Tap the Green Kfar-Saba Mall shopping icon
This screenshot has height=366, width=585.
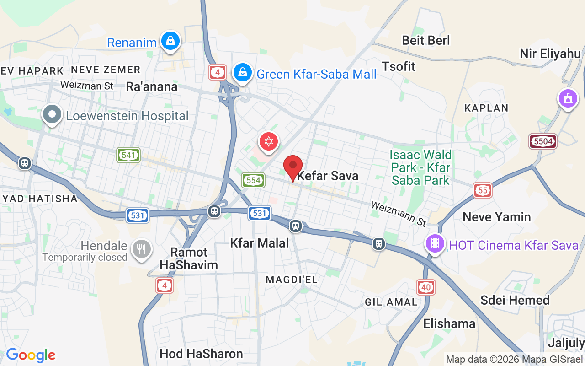[242, 72]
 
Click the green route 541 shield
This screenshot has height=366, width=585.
[128, 155]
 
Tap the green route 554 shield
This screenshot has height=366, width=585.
[253, 180]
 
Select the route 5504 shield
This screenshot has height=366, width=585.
[543, 141]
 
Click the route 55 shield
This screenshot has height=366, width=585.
[483, 190]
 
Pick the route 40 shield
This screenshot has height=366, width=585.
[426, 287]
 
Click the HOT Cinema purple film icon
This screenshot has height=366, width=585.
[435, 243]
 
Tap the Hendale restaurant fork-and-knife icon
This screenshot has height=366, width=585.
[141, 249]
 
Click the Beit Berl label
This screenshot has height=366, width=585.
[426, 40]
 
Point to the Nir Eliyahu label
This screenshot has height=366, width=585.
[550, 54]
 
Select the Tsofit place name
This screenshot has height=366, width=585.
[399, 66]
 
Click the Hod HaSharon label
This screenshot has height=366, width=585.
[201, 354]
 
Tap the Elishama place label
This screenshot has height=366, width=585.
[449, 324]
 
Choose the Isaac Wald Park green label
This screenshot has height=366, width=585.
[420, 167]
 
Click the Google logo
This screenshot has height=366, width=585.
[31, 355]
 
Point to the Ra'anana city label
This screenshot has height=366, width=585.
[152, 87]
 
